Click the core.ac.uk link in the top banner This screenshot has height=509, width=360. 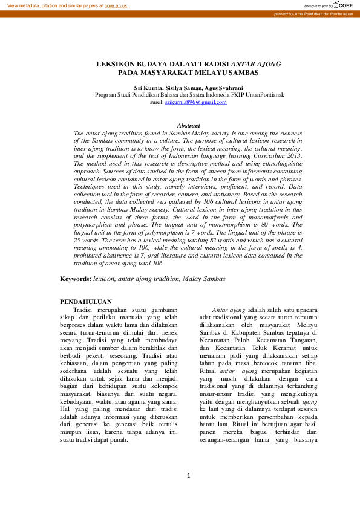[117, 5]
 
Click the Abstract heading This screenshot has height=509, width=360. [188, 125]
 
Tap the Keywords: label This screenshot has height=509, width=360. [75, 279]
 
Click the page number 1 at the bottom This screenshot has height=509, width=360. [188, 476]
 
